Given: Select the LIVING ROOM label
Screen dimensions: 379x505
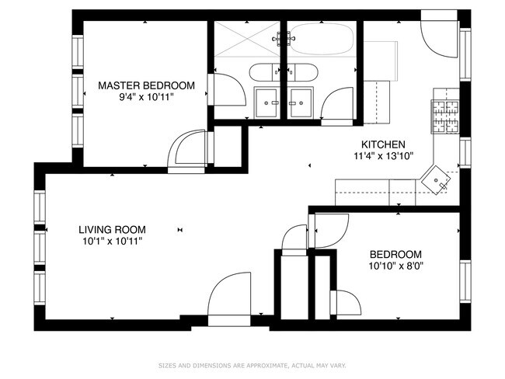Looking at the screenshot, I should coord(112,229).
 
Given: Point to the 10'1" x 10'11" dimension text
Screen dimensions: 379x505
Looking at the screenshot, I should coord(112,242).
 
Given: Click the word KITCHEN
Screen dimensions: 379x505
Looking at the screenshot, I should coord(383,144).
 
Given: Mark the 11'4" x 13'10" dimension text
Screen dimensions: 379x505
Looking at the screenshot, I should coord(383,155).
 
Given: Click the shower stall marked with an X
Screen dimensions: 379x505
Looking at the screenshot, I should coord(248,39).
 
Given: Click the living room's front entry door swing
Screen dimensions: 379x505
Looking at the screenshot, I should coord(230,297).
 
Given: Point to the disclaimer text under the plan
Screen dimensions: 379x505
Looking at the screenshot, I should coord(252,364).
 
